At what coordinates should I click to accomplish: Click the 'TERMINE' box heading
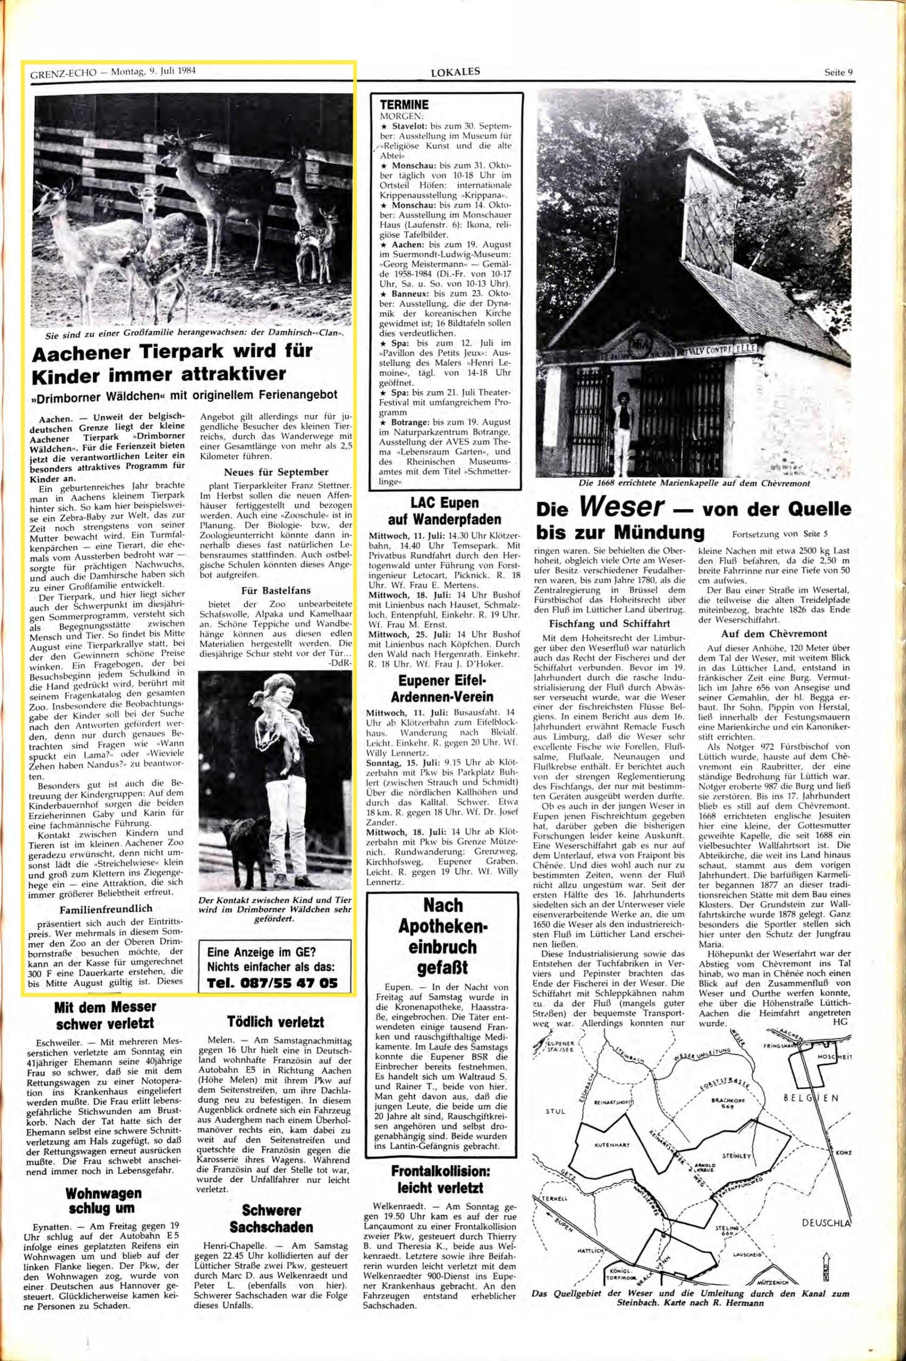click(404, 105)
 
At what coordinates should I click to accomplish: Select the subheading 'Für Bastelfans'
click(275, 590)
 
